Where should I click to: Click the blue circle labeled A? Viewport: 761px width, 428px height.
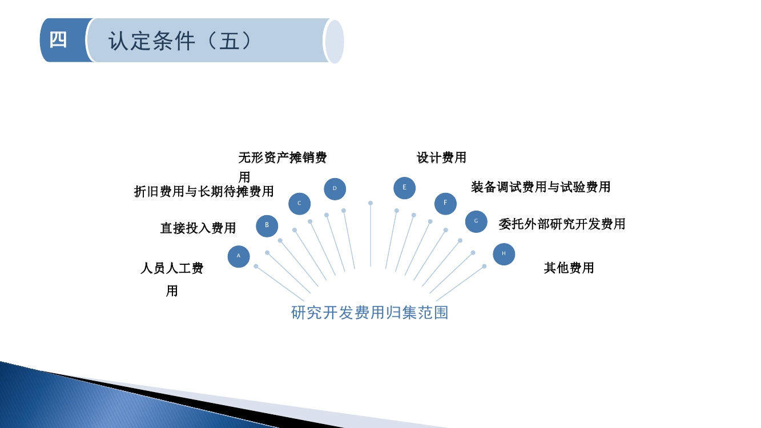click(239, 256)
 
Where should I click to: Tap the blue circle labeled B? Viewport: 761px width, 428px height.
click(267, 226)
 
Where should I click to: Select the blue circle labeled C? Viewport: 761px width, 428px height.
click(299, 204)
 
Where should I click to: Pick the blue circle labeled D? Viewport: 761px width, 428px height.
click(335, 189)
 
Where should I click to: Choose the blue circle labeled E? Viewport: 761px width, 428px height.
click(404, 188)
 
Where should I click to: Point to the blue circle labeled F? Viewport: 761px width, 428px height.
click(445, 204)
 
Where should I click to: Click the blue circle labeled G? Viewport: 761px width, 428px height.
click(476, 221)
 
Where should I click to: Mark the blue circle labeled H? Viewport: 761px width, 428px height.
click(504, 254)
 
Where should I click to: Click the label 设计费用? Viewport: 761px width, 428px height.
click(441, 158)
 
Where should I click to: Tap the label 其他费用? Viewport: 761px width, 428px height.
click(569, 268)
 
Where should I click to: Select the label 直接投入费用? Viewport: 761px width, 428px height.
click(198, 228)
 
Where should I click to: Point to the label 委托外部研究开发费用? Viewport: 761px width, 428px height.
click(562, 224)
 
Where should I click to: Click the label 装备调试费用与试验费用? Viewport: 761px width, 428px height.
click(541, 187)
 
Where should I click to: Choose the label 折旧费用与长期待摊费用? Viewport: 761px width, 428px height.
click(204, 192)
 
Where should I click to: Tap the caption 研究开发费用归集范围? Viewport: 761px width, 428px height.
click(369, 313)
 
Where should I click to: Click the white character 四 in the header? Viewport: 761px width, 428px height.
click(58, 40)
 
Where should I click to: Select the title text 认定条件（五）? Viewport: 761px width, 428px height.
click(180, 41)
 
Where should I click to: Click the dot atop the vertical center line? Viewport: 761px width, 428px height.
click(371, 203)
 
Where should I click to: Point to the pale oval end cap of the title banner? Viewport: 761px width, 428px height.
click(335, 42)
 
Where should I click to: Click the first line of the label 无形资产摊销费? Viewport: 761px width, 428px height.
click(283, 158)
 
